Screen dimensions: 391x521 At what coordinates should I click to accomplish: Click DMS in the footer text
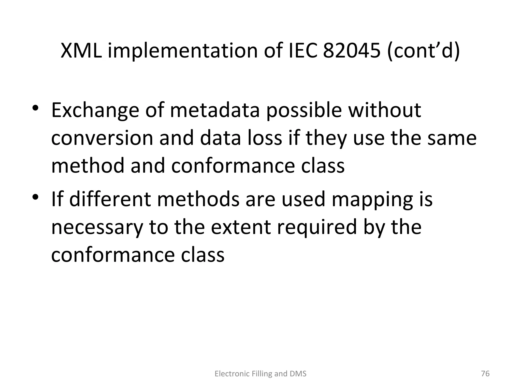click(x=298, y=374)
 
